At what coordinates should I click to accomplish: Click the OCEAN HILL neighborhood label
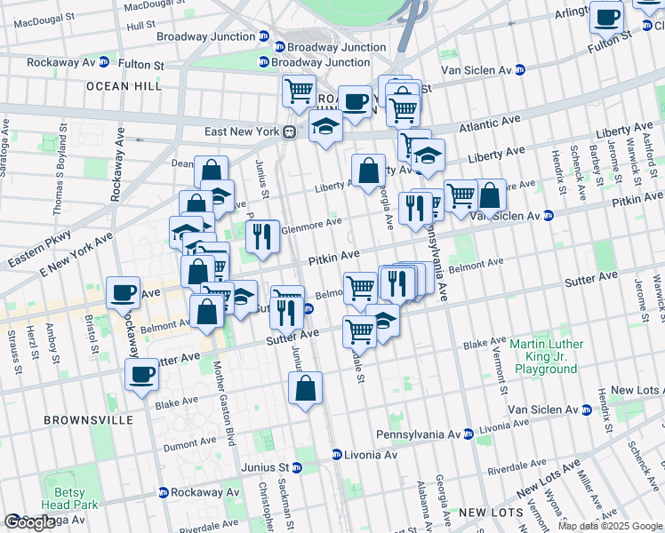coord(124,86)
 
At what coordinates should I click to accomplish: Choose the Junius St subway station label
coord(266,467)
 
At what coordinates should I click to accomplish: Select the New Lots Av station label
coord(636,390)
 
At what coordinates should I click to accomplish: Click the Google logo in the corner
coord(28,523)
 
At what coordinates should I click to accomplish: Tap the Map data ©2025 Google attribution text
coord(609,526)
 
